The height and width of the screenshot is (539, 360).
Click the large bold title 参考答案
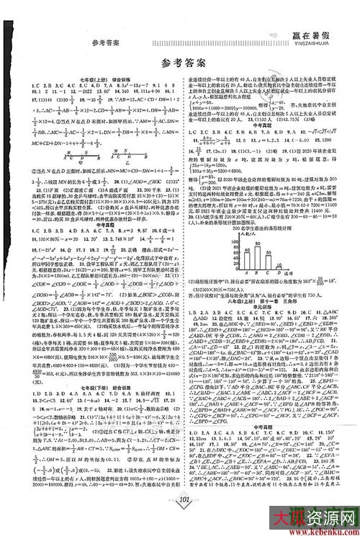(180, 62)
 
